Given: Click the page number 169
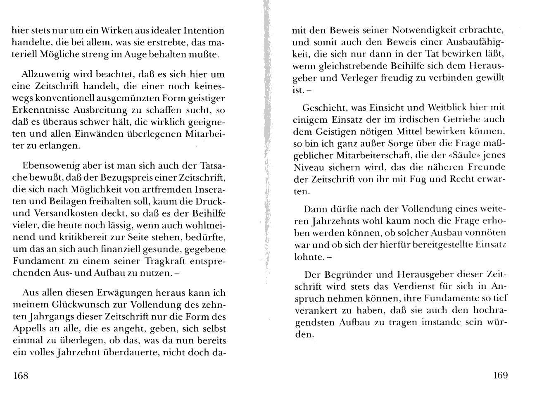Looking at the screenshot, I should [x=501, y=375].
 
